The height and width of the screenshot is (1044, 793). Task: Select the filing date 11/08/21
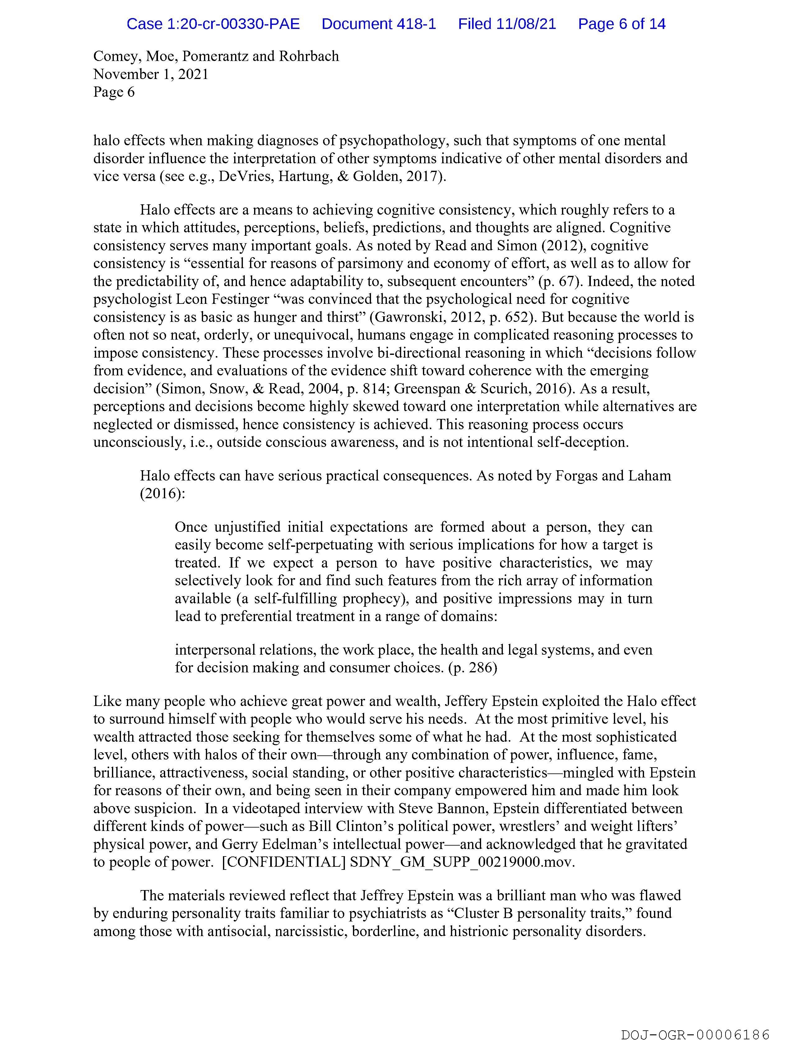pyautogui.click(x=526, y=24)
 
